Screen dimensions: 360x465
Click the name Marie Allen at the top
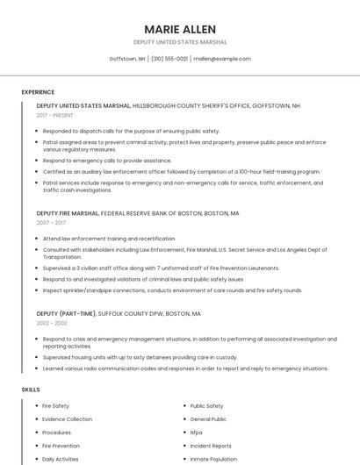pyautogui.click(x=180, y=29)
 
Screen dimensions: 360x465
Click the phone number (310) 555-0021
pyautogui.click(x=169, y=59)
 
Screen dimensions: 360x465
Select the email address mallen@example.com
pyautogui.click(x=222, y=59)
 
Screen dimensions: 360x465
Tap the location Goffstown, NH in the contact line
pyautogui.click(x=127, y=59)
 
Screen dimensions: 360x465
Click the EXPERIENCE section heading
pyautogui.click(x=38, y=92)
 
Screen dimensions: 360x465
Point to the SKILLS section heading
pyautogui.click(x=31, y=389)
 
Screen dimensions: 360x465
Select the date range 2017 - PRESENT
pyautogui.click(x=56, y=115)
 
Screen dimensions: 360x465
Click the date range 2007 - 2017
pyautogui.click(x=51, y=223)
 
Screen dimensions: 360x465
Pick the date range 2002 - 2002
pyautogui.click(x=51, y=323)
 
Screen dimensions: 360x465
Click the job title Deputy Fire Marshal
pyautogui.click(x=68, y=213)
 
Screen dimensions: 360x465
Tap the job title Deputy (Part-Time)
pyautogui.click(x=66, y=313)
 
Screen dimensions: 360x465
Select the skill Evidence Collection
pyautogui.click(x=67, y=419)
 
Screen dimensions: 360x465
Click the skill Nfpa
pyautogui.click(x=196, y=433)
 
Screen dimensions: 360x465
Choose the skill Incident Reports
pyautogui.click(x=211, y=446)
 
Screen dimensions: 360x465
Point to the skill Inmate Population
pyautogui.click(x=213, y=459)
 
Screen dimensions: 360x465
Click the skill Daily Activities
pyautogui.click(x=61, y=459)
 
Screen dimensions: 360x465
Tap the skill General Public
pyautogui.click(x=208, y=419)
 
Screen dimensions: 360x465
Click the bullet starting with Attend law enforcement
pyautogui.click(x=109, y=239)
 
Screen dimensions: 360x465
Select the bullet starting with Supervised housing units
pyautogui.click(x=140, y=357)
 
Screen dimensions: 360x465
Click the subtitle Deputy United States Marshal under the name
pyautogui.click(x=180, y=42)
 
